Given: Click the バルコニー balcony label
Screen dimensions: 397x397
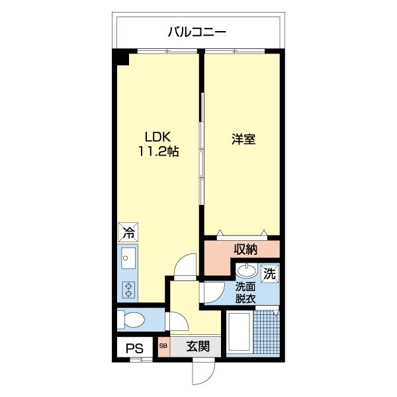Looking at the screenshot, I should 197,30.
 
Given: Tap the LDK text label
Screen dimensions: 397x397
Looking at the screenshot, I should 158,137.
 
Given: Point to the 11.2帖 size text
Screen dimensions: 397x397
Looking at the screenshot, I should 158,152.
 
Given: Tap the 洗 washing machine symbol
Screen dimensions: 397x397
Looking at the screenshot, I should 269,272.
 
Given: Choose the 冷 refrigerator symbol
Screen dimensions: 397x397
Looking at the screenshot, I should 128,232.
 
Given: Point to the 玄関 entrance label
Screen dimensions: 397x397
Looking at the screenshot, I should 197,346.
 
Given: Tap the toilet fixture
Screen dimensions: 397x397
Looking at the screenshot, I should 132,320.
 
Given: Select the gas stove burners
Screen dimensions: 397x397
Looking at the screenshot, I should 128,289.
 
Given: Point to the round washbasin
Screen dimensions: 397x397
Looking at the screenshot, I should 247,271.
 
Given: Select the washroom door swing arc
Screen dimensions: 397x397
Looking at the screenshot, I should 212,292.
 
